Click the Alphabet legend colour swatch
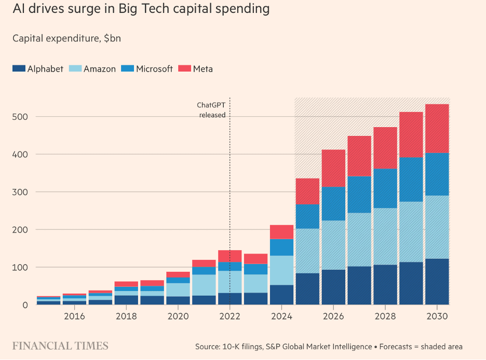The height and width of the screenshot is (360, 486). [x=19, y=68]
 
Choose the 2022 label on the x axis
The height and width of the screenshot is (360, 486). [x=230, y=316]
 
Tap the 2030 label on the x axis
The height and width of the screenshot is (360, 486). [x=437, y=316]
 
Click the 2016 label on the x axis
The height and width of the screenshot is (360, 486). [x=74, y=316]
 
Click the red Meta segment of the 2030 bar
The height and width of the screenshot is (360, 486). [x=437, y=129]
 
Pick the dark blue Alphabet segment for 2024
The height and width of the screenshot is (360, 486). [x=281, y=295]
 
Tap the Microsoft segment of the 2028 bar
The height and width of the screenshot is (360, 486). [x=385, y=188]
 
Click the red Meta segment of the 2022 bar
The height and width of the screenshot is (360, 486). [x=230, y=256]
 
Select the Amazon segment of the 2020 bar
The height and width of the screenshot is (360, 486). [x=178, y=289]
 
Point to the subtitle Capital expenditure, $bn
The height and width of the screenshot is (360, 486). [x=66, y=38]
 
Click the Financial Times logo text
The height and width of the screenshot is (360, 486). [x=60, y=346]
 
